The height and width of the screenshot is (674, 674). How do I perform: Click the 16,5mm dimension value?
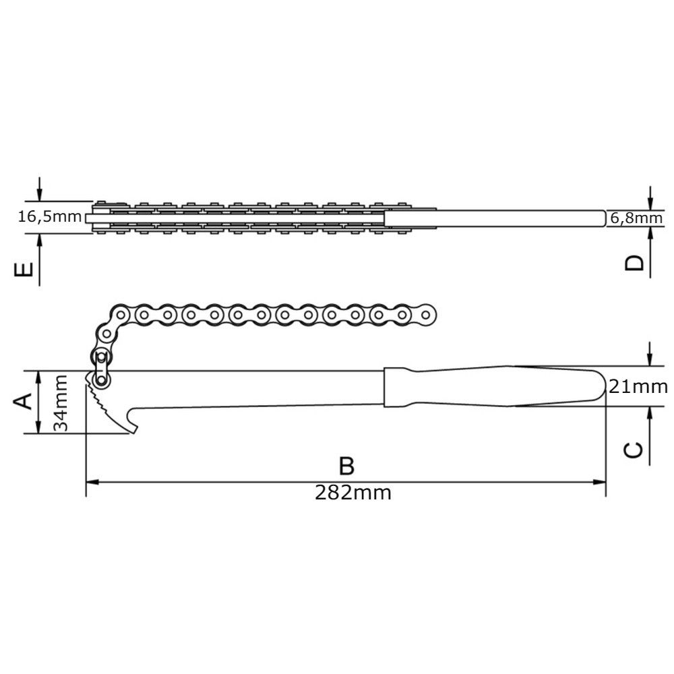(50, 216)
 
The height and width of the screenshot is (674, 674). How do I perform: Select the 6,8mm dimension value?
(637, 218)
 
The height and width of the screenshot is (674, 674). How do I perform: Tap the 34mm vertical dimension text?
(61, 403)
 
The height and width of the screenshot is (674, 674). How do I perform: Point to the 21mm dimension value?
(638, 387)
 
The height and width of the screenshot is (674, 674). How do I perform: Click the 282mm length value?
(353, 493)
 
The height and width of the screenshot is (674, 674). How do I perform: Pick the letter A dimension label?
(23, 401)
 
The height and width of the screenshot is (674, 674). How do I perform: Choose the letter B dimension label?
(346, 466)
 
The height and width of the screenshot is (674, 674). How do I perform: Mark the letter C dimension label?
(634, 450)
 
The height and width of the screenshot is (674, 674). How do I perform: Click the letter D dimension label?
(634, 263)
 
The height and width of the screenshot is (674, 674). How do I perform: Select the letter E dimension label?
(24, 270)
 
